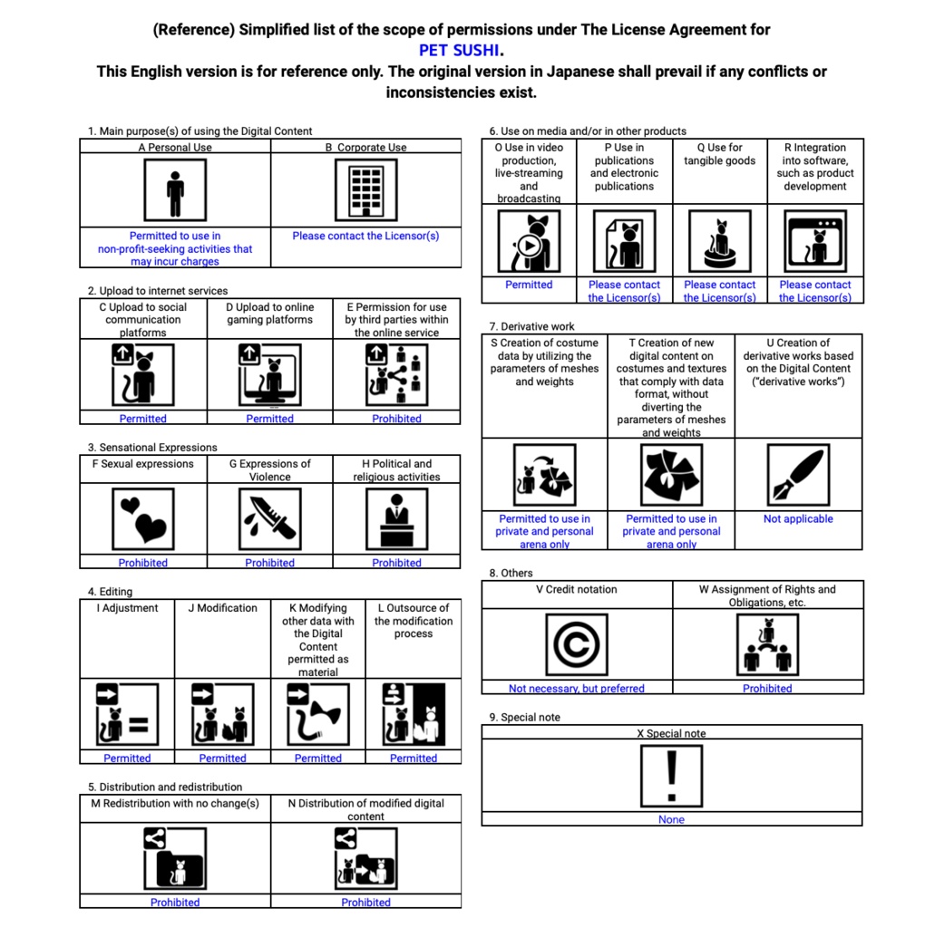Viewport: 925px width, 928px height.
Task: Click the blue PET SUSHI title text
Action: point(460,50)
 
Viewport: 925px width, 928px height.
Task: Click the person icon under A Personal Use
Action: point(175,190)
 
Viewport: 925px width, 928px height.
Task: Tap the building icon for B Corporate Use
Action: point(365,190)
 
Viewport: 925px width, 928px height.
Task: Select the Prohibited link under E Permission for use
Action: point(396,419)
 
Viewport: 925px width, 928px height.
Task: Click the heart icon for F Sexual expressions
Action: point(143,519)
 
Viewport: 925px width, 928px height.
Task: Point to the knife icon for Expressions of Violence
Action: point(269,519)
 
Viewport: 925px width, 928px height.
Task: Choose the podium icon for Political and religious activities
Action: point(396,519)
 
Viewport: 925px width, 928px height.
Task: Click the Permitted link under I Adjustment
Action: point(127,759)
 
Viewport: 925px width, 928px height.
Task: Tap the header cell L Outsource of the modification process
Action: point(413,621)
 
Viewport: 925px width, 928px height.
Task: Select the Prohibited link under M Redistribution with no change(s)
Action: point(175,903)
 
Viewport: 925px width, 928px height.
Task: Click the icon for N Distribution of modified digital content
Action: point(365,858)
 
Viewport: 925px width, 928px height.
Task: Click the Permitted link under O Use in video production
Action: point(529,285)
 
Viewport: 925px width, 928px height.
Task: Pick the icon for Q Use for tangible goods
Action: point(719,241)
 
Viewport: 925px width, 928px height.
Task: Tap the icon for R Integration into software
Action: point(815,241)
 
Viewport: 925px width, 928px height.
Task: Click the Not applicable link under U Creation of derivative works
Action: point(798,519)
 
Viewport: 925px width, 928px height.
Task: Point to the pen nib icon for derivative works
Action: point(798,475)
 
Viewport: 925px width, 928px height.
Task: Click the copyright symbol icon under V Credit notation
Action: point(577,644)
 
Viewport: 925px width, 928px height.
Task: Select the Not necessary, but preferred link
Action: point(577,689)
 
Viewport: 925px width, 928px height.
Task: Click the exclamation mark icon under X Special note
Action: point(671,775)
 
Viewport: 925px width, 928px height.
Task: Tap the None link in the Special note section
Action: point(671,820)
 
